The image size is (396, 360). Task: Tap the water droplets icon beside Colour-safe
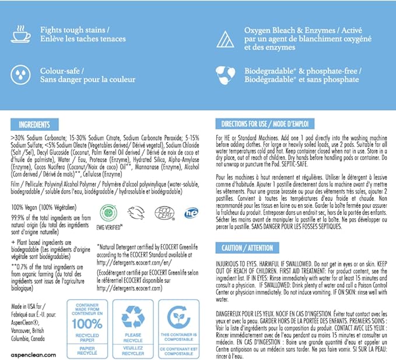[x=21, y=75]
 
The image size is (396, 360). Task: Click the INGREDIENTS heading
[x=34, y=125]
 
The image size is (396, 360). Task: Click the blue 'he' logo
[x=191, y=212]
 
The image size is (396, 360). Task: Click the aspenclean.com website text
[x=33, y=354]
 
